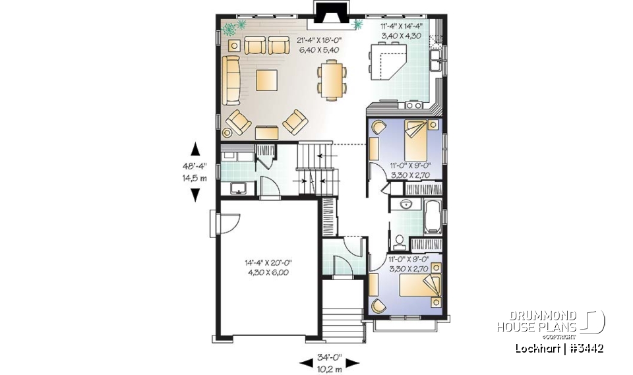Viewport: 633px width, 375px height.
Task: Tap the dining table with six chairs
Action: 332,79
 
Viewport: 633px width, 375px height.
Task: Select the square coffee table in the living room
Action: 268,80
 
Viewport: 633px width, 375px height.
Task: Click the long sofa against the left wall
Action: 230,80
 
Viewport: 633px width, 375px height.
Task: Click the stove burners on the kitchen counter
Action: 413,105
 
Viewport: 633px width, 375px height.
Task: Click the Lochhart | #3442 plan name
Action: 560,348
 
